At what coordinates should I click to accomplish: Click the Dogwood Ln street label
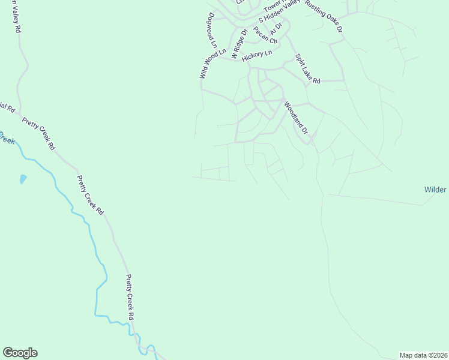point(212,31)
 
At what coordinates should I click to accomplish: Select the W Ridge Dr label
point(235,43)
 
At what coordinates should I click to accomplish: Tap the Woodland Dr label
point(296,118)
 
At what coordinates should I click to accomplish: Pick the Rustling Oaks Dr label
point(324,16)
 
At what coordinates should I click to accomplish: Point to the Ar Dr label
point(276,28)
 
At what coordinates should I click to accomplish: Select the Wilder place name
point(435,190)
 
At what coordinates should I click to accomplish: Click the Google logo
point(20,353)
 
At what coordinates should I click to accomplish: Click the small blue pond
point(23,179)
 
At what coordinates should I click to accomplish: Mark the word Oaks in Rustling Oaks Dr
point(328,19)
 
